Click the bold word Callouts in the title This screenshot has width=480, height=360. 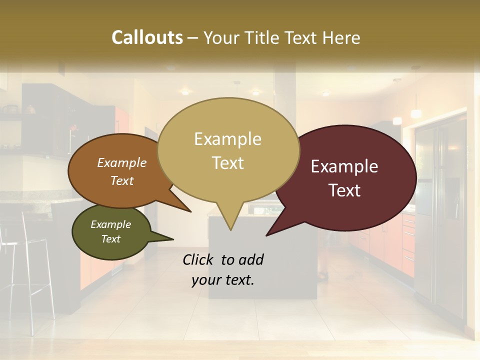point(147,37)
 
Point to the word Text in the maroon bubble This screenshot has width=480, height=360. point(345,190)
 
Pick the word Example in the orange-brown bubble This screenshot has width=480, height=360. point(122,162)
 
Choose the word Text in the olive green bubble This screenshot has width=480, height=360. point(111,239)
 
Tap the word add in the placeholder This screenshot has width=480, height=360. point(251,259)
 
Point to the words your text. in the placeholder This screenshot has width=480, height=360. point(223,280)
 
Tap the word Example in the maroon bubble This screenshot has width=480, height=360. point(344,166)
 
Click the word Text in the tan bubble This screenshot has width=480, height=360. point(227,163)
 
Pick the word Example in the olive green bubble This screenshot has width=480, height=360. point(111,224)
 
